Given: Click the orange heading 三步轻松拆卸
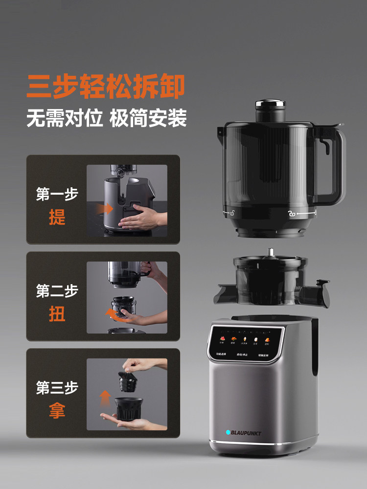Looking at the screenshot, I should pos(106,87).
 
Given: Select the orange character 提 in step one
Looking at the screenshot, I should pos(57,217).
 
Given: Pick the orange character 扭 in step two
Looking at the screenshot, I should pos(57,314).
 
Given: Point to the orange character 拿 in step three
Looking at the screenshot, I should pos(57,410).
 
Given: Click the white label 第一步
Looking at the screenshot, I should pos(57,194).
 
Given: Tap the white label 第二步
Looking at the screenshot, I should pos(57,291).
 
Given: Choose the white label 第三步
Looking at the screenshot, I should pos(57,388).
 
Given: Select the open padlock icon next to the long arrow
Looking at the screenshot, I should pos(291,214).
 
